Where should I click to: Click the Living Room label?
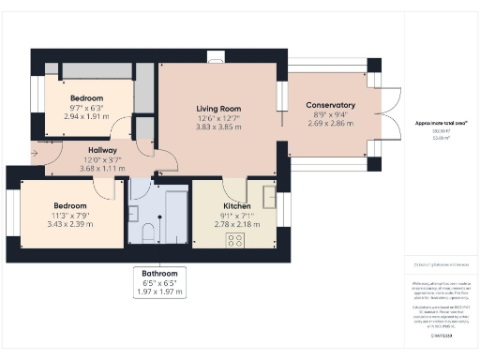point(218,109)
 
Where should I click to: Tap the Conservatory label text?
point(331,105)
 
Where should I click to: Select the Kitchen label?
point(236,206)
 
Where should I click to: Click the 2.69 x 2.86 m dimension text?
point(331,124)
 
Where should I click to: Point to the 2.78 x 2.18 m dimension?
point(236,226)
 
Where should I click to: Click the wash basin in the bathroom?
point(137,210)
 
